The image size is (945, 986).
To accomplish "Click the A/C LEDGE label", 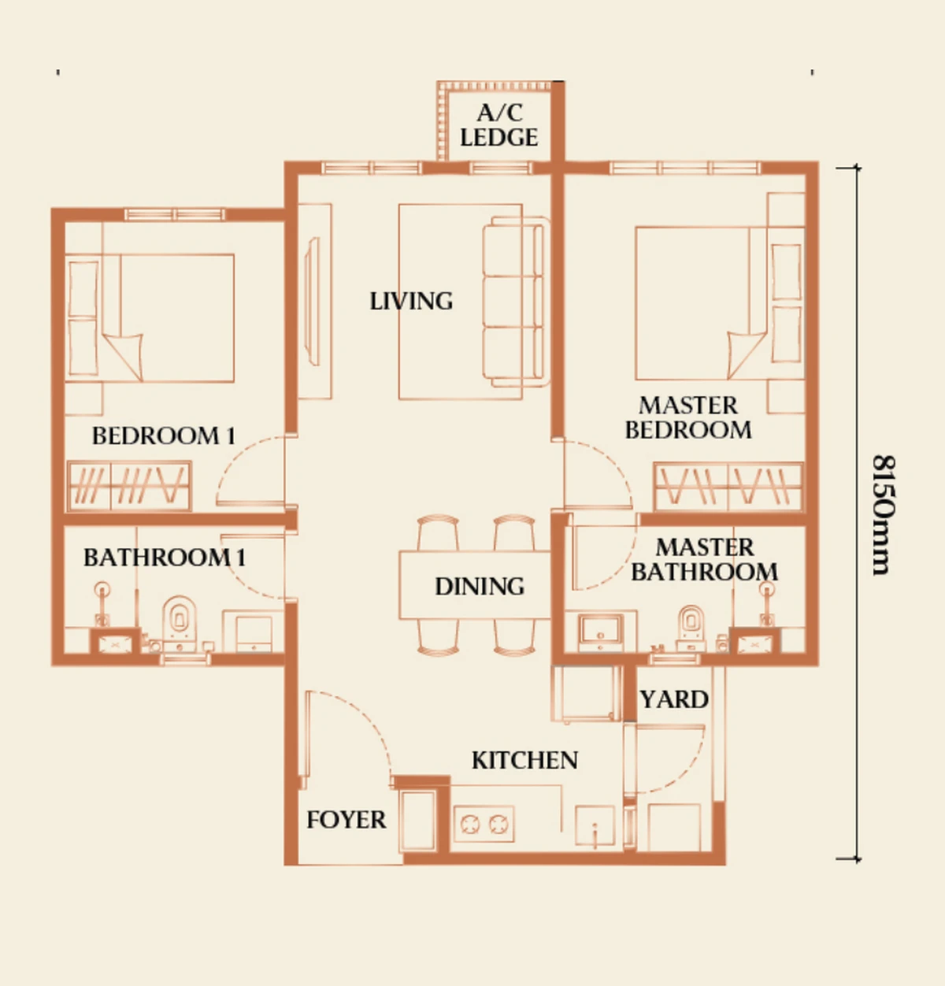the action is pos(499,125).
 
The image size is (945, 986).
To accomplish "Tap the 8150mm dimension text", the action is pos(884,515).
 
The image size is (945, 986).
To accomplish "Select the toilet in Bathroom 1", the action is pos(179,623).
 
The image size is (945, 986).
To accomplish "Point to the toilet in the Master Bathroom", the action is pos(689,627).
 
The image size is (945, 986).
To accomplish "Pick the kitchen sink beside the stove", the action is pos(595,826).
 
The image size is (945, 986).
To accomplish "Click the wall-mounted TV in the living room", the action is pos(312,301).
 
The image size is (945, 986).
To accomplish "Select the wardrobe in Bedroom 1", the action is pos(129,486).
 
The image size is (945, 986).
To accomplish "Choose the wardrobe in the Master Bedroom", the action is pos(728,486).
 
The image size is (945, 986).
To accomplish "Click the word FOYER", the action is pos(346,820).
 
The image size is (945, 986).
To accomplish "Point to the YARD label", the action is pos(674,699).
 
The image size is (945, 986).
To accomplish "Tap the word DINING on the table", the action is pos(480,586).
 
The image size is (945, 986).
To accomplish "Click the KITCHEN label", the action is pos(524,760).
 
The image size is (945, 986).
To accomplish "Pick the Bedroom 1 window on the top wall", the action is pos(175,214).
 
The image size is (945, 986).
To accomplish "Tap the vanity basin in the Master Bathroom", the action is pos(601,628).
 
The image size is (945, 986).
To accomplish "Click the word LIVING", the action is pos(411,301).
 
